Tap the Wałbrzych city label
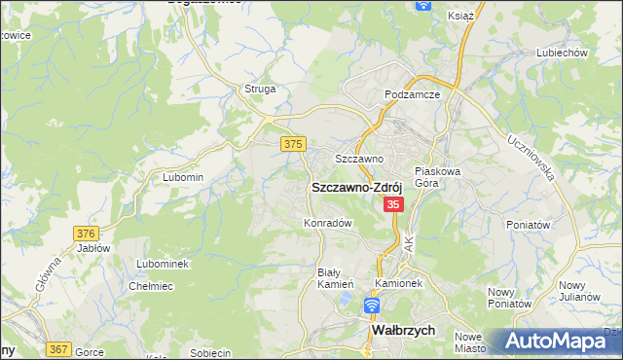(x=409, y=331)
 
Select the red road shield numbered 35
(x=394, y=204)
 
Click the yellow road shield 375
(x=293, y=144)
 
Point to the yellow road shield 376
(x=87, y=233)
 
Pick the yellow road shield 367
(x=58, y=348)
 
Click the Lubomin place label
(x=183, y=177)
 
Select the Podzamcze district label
(x=413, y=94)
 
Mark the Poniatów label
(x=530, y=224)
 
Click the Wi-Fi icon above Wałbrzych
(x=371, y=306)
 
